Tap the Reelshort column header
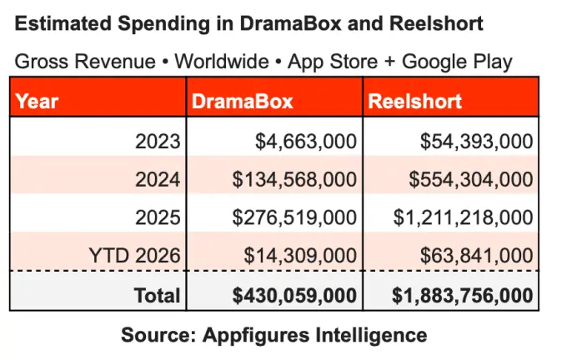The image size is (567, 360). [x=414, y=102]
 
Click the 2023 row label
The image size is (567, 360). [x=158, y=141]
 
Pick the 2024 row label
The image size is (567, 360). [x=158, y=179]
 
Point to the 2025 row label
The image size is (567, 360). [x=158, y=217]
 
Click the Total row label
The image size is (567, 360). [x=158, y=295]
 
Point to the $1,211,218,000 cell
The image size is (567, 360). [x=464, y=217]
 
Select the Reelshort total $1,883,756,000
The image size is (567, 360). [x=463, y=295]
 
